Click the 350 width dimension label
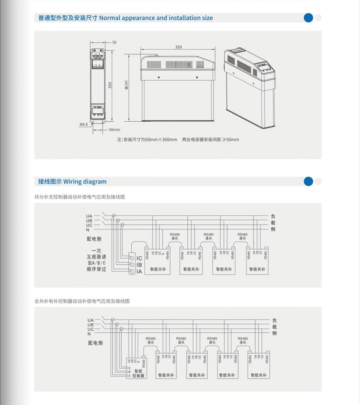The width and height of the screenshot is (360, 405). [x=178, y=47]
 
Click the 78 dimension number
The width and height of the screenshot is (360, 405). [x=114, y=42]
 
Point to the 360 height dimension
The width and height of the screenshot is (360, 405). [x=110, y=85]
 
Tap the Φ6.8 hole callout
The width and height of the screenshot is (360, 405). [x=84, y=124]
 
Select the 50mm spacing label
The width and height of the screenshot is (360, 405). [x=114, y=130]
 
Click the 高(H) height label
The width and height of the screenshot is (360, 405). [x=127, y=85]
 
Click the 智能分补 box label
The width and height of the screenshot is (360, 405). [x=158, y=269]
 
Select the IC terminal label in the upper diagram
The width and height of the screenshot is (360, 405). [x=139, y=258]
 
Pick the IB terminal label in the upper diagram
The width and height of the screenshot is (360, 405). [x=139, y=265]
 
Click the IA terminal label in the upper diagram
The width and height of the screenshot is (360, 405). [x=139, y=271]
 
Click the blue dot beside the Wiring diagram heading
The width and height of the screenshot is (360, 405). [x=308, y=181]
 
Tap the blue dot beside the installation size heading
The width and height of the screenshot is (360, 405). [x=308, y=18]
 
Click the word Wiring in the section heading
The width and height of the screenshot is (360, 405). [x=72, y=182]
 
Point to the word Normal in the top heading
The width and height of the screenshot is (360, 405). [x=110, y=18]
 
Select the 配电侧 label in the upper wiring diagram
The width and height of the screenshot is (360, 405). [x=94, y=239]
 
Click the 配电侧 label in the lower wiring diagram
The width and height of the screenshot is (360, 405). [x=96, y=343]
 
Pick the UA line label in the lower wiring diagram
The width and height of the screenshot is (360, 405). [x=91, y=320]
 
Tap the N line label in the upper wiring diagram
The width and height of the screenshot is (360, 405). [x=88, y=230]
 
